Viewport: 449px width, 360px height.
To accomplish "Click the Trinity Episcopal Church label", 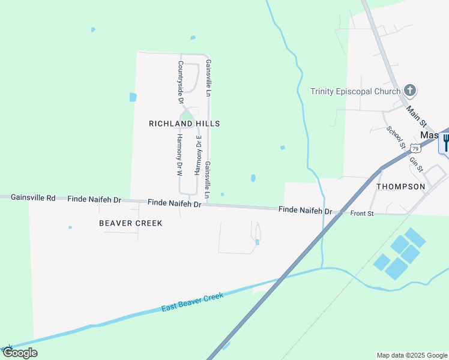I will pyautogui.click(x=355, y=91).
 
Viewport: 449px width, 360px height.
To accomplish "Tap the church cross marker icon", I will pyautogui.click(x=410, y=91).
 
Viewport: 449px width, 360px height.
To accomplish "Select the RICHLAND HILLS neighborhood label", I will pyautogui.click(x=184, y=124).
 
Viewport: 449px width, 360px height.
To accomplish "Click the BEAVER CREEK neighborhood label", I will pyautogui.click(x=131, y=223).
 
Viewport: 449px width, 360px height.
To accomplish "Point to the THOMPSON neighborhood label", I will pyautogui.click(x=400, y=187).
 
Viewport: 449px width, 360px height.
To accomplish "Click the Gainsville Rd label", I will pyautogui.click(x=33, y=197).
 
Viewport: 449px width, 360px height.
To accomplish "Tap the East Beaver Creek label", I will pyautogui.click(x=192, y=302).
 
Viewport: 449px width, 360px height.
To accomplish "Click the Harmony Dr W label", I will pyautogui.click(x=179, y=154).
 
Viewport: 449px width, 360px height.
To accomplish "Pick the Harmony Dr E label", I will pyautogui.click(x=197, y=155).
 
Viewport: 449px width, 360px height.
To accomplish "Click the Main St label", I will pyautogui.click(x=415, y=116).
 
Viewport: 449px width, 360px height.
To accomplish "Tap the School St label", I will pyautogui.click(x=396, y=137).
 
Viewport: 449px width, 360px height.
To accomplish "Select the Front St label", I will pyautogui.click(x=362, y=214).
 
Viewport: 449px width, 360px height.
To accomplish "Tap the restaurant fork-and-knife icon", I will pyautogui.click(x=445, y=143).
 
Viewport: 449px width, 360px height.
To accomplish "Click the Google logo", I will pyautogui.click(x=20, y=353).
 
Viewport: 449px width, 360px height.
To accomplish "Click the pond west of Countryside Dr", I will pyautogui.click(x=133, y=97).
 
